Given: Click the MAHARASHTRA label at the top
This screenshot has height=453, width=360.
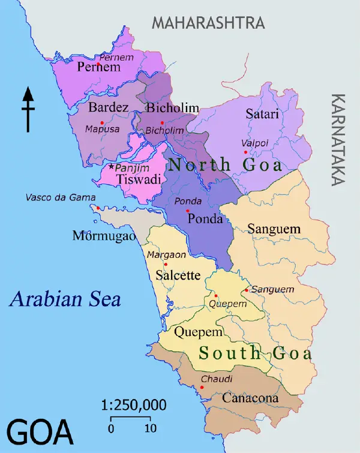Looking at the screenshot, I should [x=208, y=23].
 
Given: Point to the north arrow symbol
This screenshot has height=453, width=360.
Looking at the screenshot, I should [x=28, y=109].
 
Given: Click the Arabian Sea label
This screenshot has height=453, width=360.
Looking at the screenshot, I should [x=65, y=298].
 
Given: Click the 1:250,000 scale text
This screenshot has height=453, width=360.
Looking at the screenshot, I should [x=133, y=405].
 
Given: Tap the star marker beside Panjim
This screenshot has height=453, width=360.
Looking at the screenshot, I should [x=112, y=166].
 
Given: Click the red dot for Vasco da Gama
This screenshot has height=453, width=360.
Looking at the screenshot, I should [x=98, y=208].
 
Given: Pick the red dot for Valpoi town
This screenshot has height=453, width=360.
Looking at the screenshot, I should [x=245, y=152].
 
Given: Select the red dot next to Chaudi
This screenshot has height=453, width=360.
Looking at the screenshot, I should [x=202, y=387].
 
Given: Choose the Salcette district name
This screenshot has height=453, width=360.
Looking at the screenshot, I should [x=178, y=276].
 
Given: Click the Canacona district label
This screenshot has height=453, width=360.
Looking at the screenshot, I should [x=250, y=398].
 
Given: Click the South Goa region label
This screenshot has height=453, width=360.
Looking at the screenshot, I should [x=256, y=353].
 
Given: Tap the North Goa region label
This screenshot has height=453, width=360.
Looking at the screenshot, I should [x=225, y=165].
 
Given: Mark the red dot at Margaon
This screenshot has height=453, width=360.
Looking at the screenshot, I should [x=166, y=265].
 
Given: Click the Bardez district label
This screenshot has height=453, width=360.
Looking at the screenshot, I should [x=108, y=108].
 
